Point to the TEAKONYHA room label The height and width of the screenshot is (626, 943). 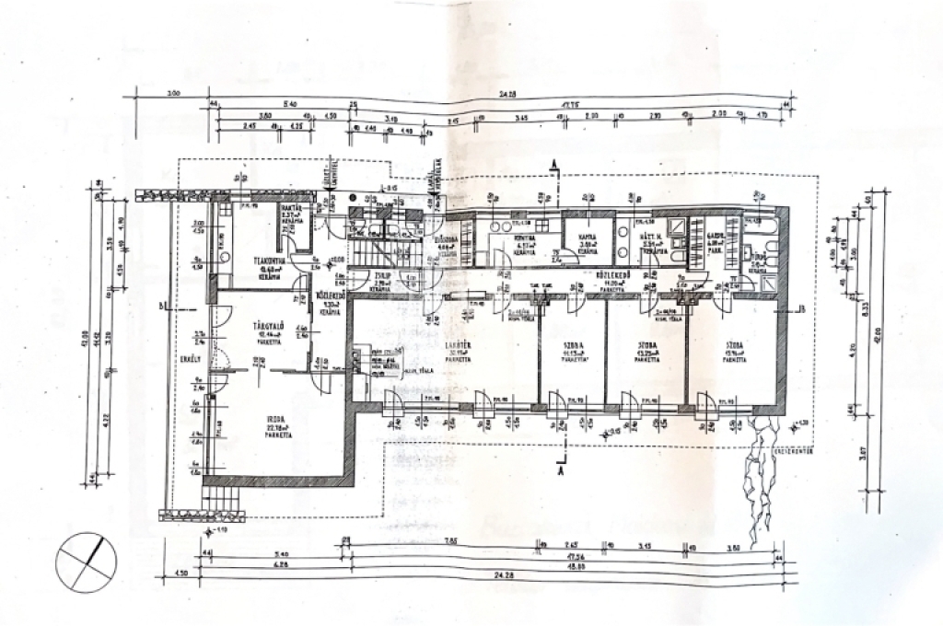[268, 261]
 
